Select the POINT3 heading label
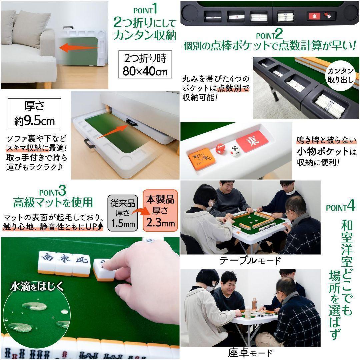(x=53, y=192)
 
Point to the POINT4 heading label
(x=340, y=207)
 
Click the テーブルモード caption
(x=250, y=260)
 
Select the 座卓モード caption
(x=250, y=353)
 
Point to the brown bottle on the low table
(x=254, y=304)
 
